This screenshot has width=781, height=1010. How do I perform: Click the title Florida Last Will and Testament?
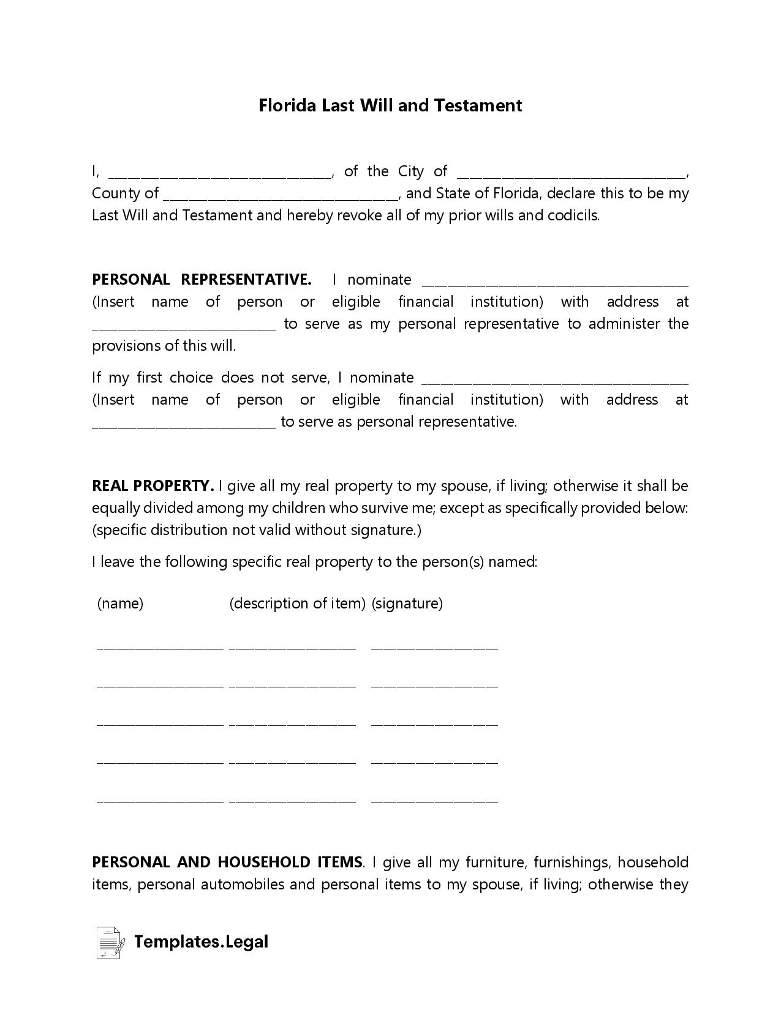coord(390,105)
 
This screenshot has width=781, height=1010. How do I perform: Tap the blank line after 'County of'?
coord(281,196)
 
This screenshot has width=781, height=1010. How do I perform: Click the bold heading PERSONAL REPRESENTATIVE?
coord(202,280)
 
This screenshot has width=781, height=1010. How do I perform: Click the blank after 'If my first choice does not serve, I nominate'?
coord(555,381)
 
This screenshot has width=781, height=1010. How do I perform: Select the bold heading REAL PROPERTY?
coord(153,486)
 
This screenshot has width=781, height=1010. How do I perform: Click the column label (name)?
coord(120,604)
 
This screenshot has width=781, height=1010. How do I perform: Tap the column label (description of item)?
coord(297,604)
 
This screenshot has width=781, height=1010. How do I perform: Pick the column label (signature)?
coord(407,604)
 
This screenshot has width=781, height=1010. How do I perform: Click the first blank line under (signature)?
coord(434,646)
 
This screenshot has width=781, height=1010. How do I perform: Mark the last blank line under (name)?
coord(160,800)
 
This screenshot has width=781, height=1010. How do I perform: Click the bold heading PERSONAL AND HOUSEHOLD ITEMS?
coord(227,862)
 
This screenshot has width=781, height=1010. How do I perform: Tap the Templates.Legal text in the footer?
coord(201,941)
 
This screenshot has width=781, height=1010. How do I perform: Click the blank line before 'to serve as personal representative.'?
coord(184,425)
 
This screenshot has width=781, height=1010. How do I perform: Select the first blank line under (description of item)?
coord(292,646)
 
